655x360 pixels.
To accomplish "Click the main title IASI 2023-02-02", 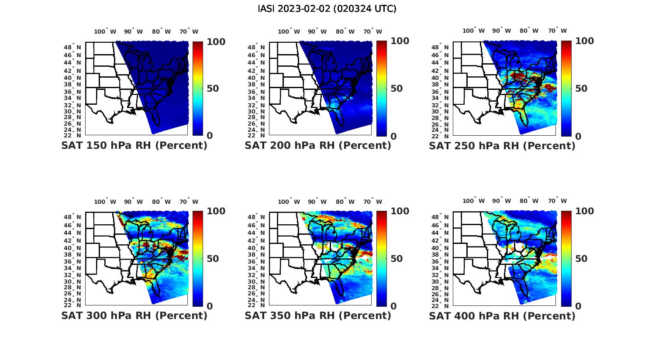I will tap(327, 9).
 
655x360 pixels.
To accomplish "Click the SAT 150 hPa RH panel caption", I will tap(134, 146).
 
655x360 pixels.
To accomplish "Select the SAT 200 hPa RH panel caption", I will tap(318, 146).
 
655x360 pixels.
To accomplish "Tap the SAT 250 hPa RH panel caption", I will tap(502, 146).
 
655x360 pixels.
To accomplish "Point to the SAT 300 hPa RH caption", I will tap(134, 315).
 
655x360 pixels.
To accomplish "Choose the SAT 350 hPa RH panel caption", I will tap(318, 315).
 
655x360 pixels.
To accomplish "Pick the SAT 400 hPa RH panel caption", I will tap(502, 315).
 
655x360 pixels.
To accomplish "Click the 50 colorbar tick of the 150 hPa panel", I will tap(213, 89).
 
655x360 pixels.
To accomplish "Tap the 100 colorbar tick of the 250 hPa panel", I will tap(584, 41).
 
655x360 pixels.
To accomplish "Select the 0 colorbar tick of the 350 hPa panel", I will tap(393, 306).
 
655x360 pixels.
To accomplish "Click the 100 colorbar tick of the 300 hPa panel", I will tap(216, 211).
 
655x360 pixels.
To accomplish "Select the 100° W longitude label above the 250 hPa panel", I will tap(473, 31).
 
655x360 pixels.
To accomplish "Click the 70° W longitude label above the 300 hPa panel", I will tap(189, 202).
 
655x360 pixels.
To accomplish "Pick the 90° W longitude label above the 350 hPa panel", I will tap(317, 202).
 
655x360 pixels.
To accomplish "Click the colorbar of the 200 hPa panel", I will tap(382, 89).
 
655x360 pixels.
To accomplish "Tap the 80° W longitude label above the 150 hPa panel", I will tap(161, 31).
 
